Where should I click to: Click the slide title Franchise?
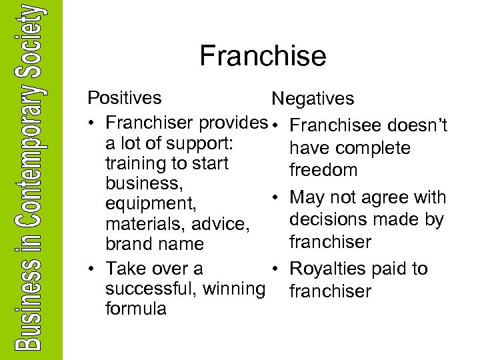(x=263, y=56)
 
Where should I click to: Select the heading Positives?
(x=125, y=98)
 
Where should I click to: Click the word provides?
(x=232, y=123)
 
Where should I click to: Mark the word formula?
(x=136, y=309)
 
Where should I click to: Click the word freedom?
(x=323, y=170)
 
